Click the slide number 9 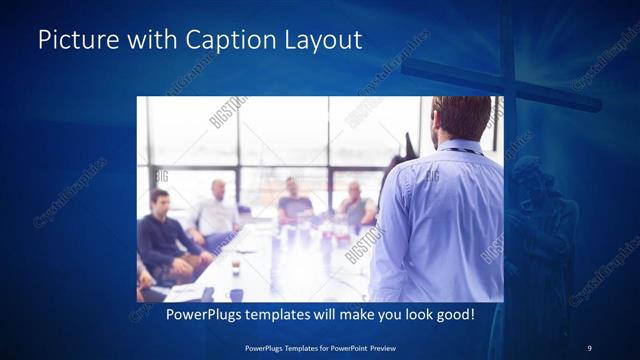(x=589, y=347)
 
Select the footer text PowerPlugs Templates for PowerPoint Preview (x=320, y=347)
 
